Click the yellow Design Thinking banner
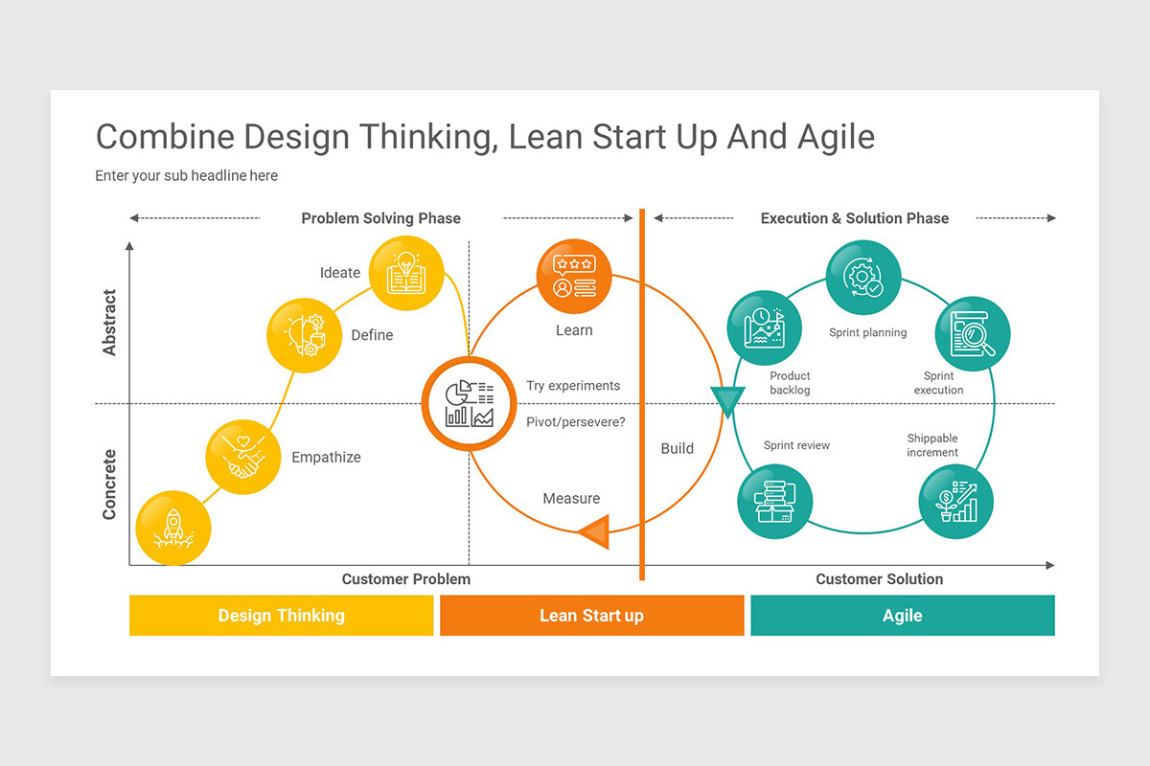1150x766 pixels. click(281, 616)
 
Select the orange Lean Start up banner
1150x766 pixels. click(591, 616)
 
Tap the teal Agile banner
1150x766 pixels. click(902, 616)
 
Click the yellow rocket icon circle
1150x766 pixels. click(173, 528)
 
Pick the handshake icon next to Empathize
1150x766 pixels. click(243, 457)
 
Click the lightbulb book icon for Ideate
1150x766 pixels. click(406, 273)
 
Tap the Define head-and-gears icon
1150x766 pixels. click(303, 335)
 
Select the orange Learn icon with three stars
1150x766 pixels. click(574, 276)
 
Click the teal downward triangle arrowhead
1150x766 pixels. click(726, 401)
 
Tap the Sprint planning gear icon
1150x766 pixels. click(862, 278)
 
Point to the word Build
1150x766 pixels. click(677, 448)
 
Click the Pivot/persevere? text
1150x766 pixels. click(575, 421)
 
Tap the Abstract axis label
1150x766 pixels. click(109, 323)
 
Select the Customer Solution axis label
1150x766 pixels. click(879, 579)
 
